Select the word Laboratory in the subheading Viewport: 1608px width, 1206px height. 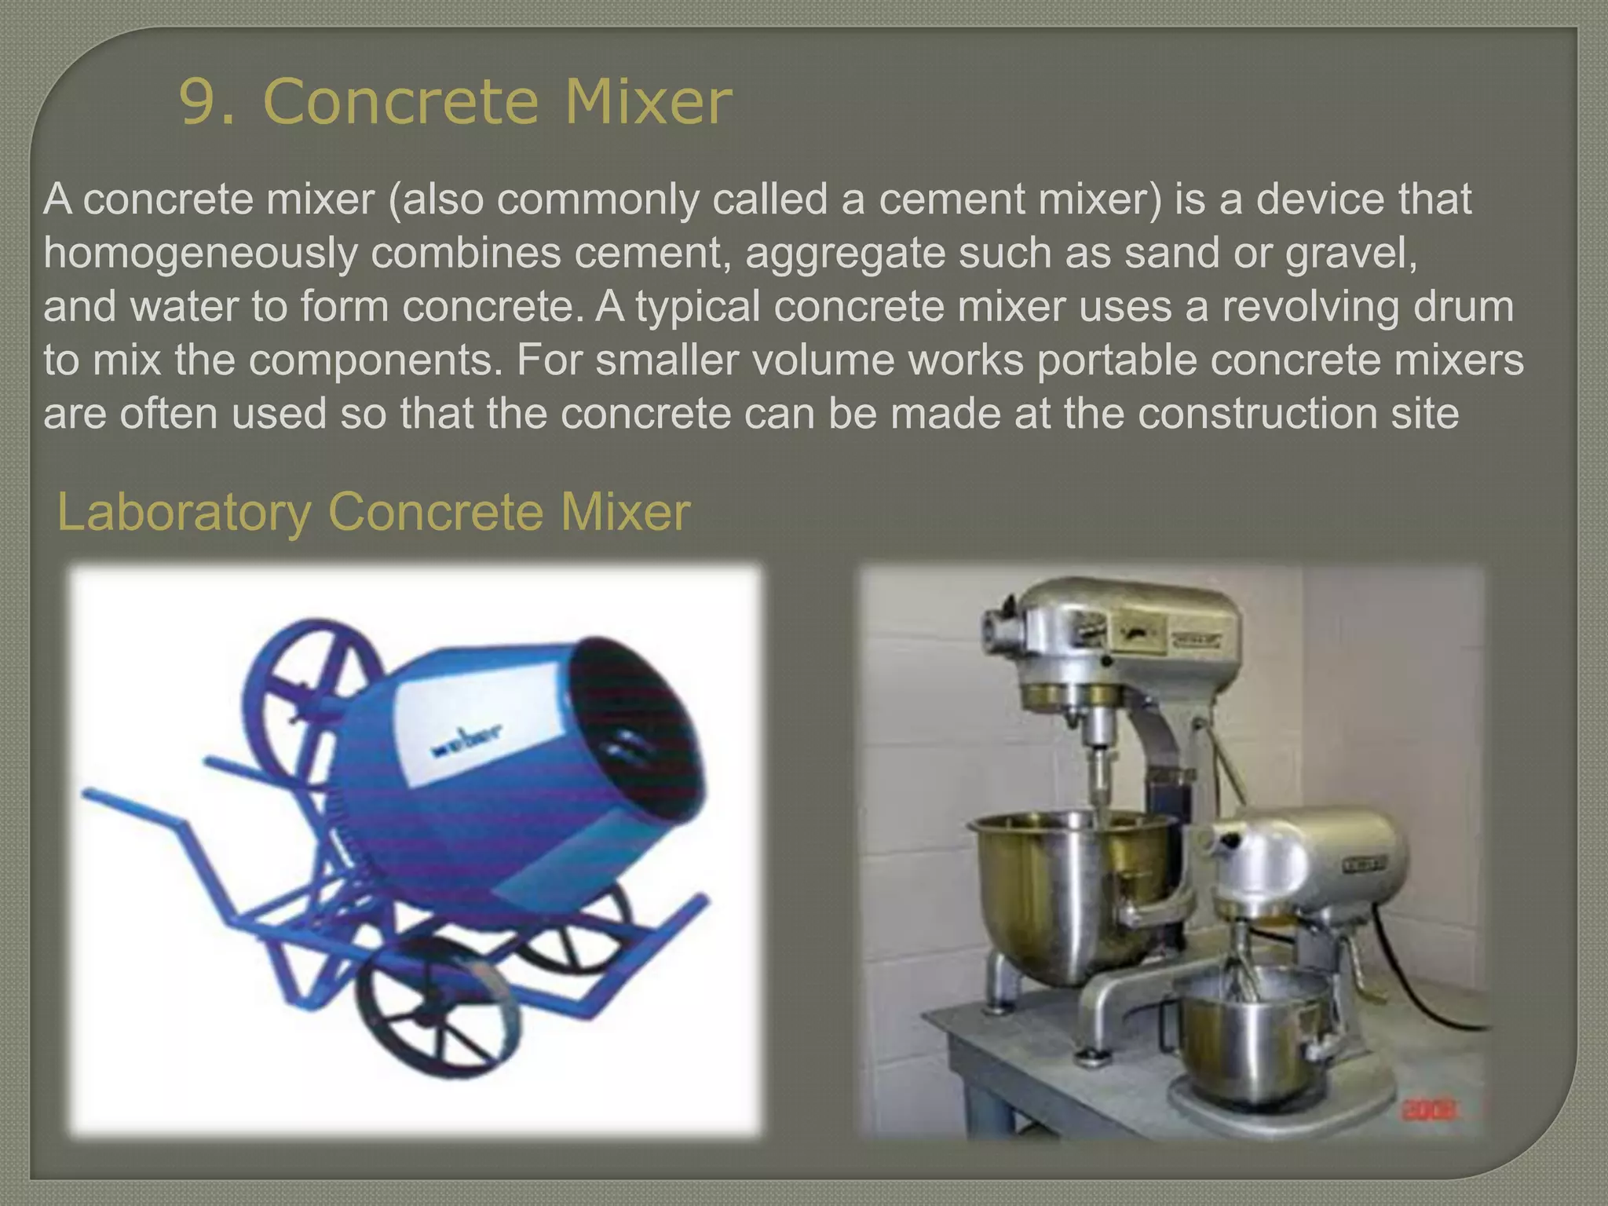point(185,513)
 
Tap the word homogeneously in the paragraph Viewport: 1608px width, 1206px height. point(200,253)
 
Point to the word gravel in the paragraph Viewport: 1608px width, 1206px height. point(1349,253)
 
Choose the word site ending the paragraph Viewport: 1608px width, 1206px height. point(1424,413)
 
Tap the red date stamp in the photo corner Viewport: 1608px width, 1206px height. point(1428,1110)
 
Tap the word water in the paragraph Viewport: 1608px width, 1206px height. point(184,306)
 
